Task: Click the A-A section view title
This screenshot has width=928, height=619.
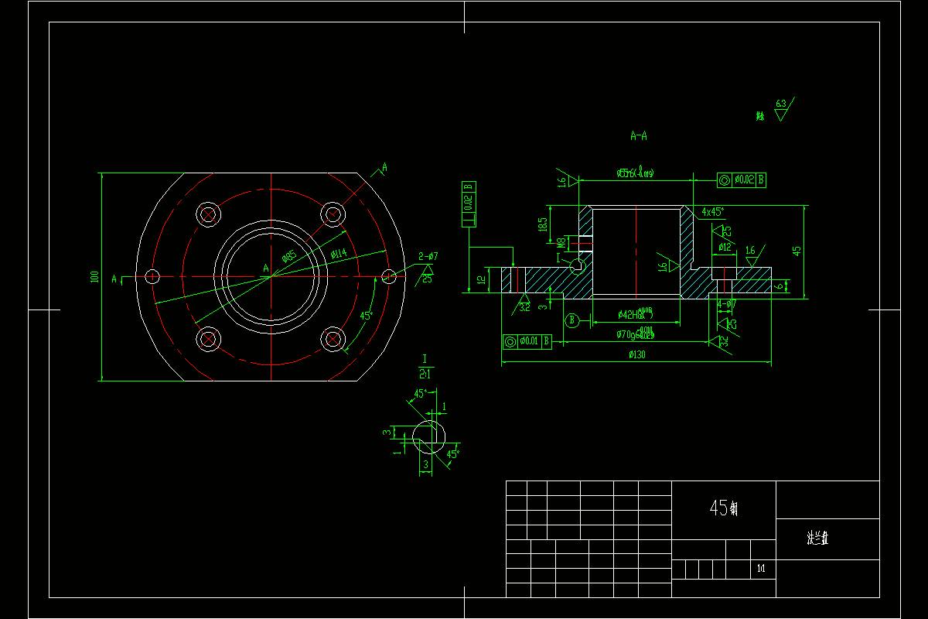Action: (x=639, y=136)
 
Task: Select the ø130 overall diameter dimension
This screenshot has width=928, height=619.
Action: (x=636, y=355)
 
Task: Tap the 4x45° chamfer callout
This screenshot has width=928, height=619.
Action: (x=713, y=211)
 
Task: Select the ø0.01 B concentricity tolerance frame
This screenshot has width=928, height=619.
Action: (x=527, y=341)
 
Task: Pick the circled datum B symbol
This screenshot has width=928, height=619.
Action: (x=572, y=320)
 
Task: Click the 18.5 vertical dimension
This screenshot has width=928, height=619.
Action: (x=543, y=224)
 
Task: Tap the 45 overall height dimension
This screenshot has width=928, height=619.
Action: (x=797, y=250)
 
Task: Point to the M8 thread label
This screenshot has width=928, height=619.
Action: (x=562, y=243)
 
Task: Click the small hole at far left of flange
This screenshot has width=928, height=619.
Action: (x=152, y=276)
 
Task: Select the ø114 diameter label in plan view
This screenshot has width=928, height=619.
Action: (x=339, y=254)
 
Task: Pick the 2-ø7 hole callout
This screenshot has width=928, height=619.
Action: (x=428, y=256)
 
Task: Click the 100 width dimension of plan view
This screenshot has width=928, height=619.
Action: (x=94, y=276)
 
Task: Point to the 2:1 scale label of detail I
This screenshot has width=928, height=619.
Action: (x=425, y=373)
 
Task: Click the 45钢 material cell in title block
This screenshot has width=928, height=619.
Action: (x=723, y=508)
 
